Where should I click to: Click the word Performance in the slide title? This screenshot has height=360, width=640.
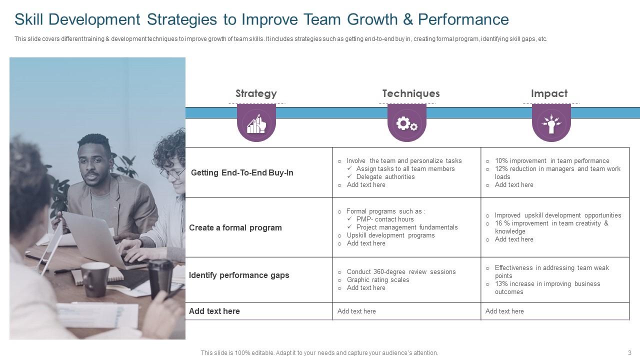click(463, 19)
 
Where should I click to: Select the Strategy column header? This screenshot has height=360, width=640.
click(256, 93)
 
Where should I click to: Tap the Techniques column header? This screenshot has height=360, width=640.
click(410, 93)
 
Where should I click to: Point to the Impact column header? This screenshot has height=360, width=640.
click(549, 93)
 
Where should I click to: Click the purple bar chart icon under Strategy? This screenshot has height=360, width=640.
click(256, 123)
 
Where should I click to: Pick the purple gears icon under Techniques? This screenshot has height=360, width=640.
click(406, 123)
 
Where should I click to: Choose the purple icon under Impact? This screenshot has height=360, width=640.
click(551, 123)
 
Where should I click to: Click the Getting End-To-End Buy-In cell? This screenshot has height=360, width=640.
click(242, 172)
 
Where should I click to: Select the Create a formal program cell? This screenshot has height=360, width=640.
click(235, 227)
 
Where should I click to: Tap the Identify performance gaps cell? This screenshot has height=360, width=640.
click(239, 275)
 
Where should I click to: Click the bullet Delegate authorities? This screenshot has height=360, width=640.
click(385, 176)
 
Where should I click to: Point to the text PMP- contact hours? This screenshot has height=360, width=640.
click(385, 219)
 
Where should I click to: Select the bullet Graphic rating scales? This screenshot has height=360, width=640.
click(378, 279)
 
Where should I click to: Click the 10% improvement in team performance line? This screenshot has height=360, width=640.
click(552, 160)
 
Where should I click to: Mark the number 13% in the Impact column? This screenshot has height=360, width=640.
click(501, 283)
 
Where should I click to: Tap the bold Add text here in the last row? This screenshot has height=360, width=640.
click(214, 311)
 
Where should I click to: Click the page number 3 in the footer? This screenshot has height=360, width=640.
click(629, 352)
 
